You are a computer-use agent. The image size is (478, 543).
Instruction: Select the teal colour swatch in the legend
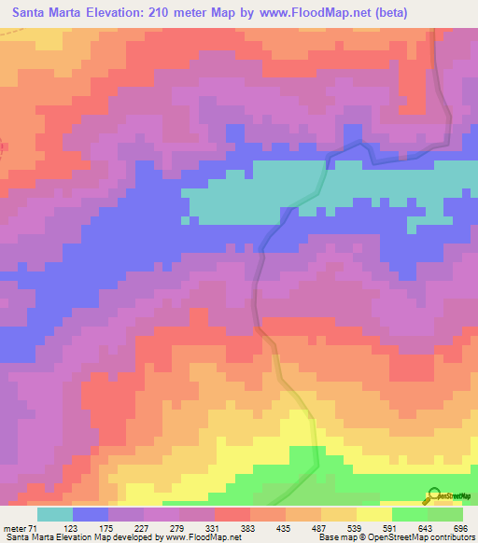pos(55,514)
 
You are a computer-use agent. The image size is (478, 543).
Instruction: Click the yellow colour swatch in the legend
pos(373,514)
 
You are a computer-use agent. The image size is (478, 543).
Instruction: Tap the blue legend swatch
pos(91,514)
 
